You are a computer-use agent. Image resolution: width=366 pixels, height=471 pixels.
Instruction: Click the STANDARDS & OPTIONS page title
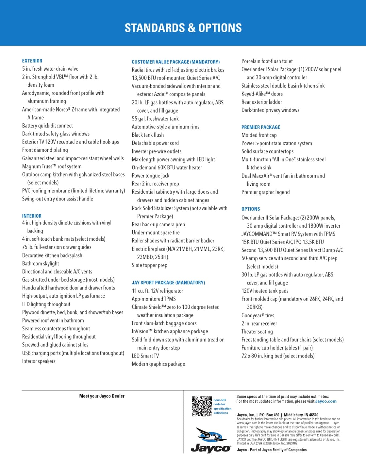[183, 28]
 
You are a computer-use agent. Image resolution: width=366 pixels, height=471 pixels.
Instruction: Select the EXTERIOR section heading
[32, 61]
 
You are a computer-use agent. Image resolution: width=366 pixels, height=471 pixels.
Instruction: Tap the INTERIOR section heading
[32, 216]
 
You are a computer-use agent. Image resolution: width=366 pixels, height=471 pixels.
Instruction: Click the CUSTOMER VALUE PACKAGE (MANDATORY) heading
[175, 62]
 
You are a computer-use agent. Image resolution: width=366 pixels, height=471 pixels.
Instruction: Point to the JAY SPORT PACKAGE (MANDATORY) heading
[168, 283]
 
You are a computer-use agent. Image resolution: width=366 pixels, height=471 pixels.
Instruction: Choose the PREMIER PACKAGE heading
[260, 127]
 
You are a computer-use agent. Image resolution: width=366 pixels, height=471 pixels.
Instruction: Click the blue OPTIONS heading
[251, 209]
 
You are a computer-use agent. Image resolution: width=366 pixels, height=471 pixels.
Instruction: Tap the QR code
[202, 406]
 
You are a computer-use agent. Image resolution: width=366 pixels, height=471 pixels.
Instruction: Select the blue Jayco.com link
[325, 401]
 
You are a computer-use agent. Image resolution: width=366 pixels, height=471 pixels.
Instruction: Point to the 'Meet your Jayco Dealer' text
[102, 396]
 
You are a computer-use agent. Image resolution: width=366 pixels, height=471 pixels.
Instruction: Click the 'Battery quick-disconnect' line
[47, 126]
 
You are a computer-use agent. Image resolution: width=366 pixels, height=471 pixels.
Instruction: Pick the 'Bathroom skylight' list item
[41, 263]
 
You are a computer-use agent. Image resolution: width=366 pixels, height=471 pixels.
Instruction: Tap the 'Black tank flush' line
[148, 135]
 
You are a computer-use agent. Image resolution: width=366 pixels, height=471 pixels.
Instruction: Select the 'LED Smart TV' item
[145, 356]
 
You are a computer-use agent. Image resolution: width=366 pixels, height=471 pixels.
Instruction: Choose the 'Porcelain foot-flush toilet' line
[267, 61]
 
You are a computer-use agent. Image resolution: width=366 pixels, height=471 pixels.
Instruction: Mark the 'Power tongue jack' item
[150, 176]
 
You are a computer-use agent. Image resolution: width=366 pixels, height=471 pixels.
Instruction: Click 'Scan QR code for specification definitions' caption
[222, 406]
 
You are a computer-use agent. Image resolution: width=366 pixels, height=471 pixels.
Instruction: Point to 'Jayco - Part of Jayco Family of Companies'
[272, 450]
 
